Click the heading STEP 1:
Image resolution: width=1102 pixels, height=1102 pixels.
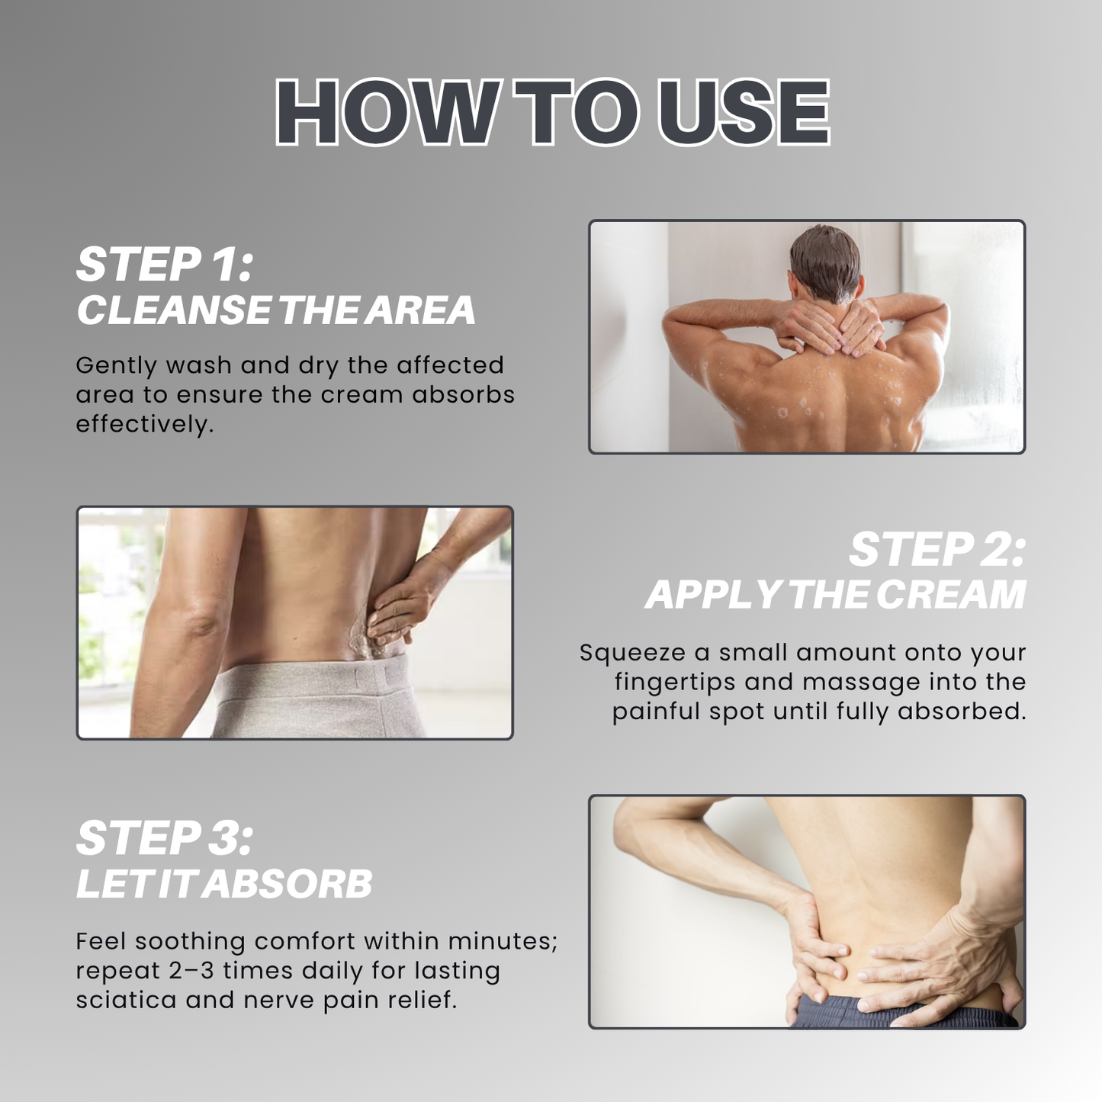164,265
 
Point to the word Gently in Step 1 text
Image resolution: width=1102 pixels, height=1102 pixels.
115,366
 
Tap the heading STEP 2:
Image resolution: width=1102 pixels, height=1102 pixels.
937,550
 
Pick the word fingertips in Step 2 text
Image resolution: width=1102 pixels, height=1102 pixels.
674,683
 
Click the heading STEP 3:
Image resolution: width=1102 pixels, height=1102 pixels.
164,839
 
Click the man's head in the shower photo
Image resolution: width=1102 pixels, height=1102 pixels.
825,263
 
